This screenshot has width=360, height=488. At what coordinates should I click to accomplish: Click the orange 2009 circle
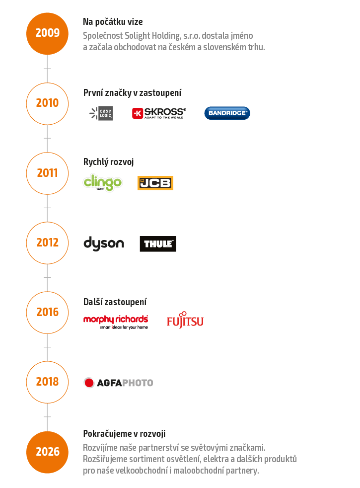47,33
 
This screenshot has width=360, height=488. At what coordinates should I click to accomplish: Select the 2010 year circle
47,103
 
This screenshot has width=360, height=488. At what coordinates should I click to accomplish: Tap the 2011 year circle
47,173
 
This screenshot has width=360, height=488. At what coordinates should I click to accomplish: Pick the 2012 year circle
47,243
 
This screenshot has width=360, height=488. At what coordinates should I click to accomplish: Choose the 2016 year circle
47,312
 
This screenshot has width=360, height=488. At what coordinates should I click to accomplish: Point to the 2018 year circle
47,382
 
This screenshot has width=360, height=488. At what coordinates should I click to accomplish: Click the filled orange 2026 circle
47,452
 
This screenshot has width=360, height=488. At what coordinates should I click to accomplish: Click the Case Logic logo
101,113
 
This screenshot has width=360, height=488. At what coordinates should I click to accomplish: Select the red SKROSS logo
159,113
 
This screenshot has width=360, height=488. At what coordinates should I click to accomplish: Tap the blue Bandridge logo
227,113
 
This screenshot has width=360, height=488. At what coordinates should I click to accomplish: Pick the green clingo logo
102,182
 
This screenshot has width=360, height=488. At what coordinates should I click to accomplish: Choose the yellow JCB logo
155,183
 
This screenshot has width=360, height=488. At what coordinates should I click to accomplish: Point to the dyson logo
103,244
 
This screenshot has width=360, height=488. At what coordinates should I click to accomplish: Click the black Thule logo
158,244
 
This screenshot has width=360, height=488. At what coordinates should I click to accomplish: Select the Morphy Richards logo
116,321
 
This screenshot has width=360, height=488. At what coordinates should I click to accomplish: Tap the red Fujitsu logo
185,321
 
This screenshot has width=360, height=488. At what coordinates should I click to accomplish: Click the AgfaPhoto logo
118,383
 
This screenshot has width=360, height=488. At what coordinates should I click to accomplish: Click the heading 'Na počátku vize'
113,22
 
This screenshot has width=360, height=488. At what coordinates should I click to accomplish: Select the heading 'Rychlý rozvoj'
108,162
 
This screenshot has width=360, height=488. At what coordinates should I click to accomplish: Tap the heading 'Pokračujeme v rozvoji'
124,434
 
